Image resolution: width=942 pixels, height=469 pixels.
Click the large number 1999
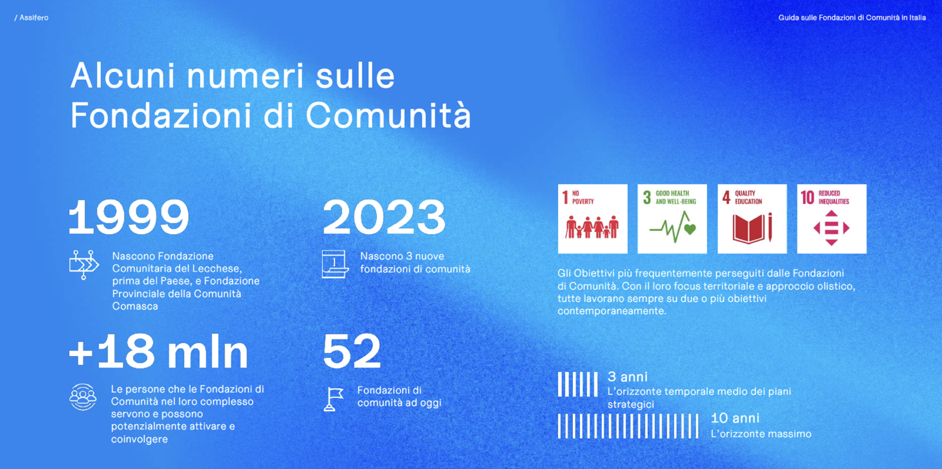(129, 217)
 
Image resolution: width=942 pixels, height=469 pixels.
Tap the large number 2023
(384, 217)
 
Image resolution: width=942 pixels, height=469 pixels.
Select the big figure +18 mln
(158, 351)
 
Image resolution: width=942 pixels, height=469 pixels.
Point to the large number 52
(352, 351)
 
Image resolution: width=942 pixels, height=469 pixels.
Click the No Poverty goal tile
(593, 219)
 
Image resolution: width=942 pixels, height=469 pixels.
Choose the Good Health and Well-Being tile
(672, 219)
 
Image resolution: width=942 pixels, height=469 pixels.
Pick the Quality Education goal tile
(752, 219)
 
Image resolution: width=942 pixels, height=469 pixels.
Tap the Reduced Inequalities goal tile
(832, 219)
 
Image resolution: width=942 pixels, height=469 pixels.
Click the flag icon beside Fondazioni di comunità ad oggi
(334, 399)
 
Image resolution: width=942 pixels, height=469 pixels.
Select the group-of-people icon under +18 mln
(83, 397)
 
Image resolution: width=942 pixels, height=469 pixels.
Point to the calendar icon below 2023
(335, 264)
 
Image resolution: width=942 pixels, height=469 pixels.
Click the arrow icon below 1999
(84, 264)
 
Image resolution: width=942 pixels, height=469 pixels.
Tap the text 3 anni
(628, 377)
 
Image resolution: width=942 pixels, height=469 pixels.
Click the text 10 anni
(735, 418)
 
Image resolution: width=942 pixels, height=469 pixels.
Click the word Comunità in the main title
(388, 116)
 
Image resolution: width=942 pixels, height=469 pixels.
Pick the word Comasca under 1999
(135, 306)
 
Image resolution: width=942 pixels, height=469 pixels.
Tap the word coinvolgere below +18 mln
(139, 440)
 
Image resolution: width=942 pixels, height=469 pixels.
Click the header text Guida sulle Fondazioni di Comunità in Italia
(852, 18)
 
